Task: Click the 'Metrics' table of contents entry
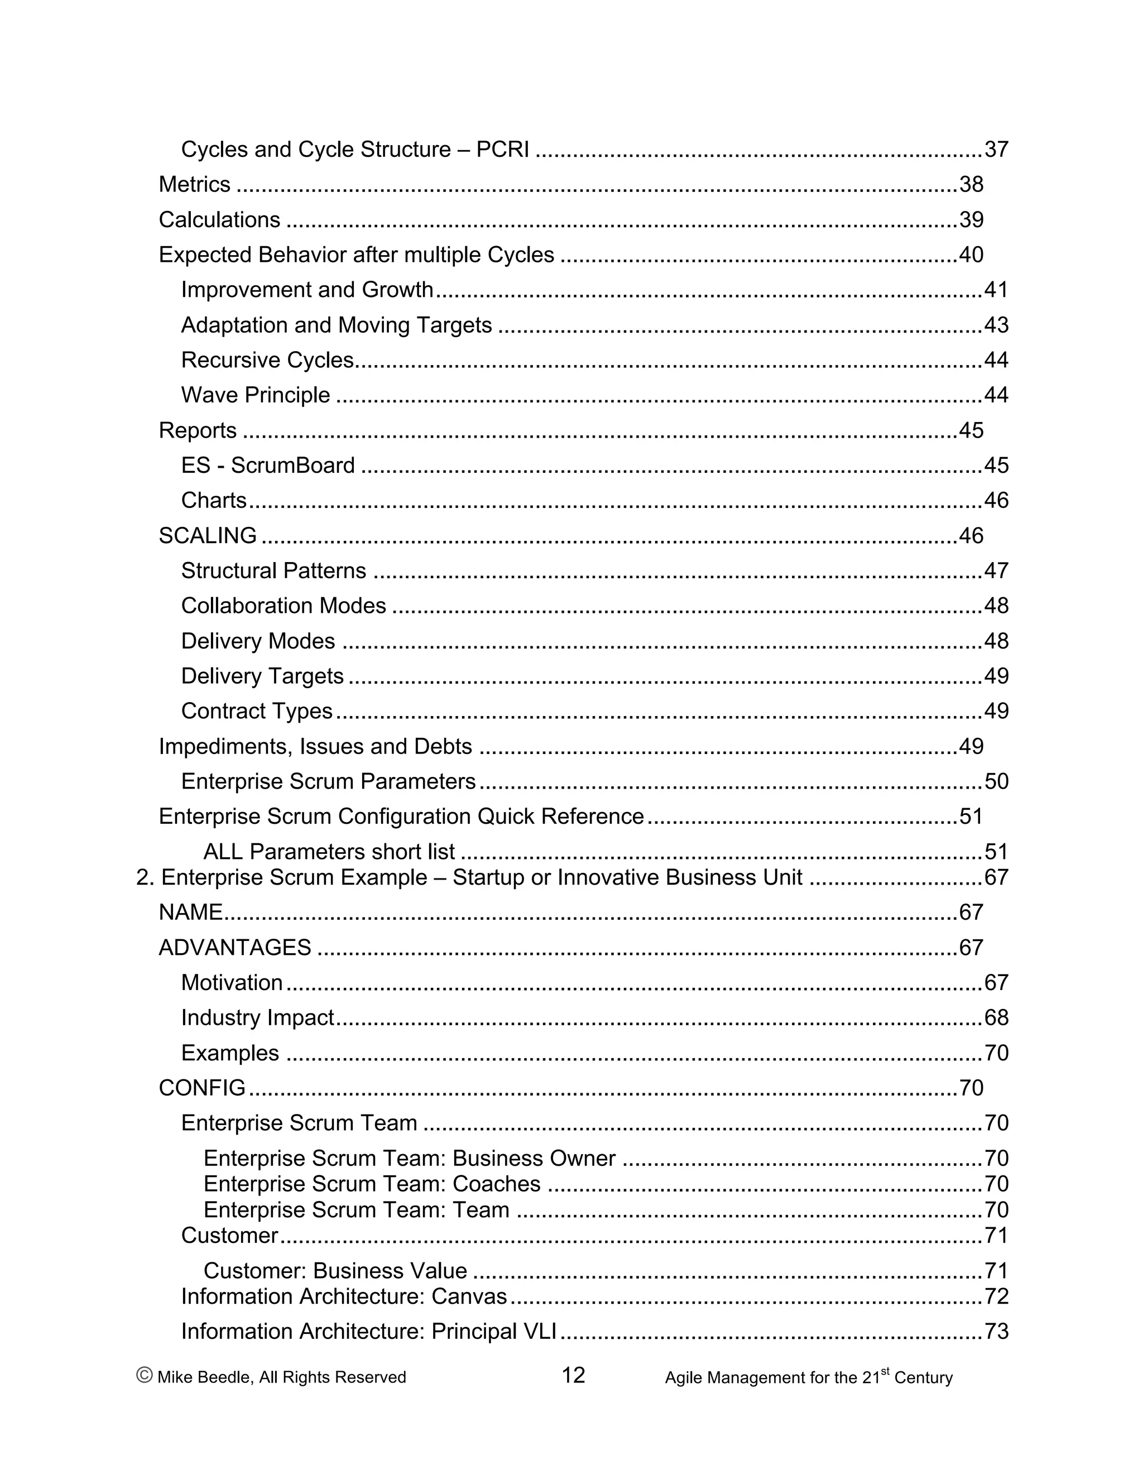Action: tap(194, 184)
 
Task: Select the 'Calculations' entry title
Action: tap(219, 219)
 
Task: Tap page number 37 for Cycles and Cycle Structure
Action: tap(996, 149)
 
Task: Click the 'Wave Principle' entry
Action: tap(255, 395)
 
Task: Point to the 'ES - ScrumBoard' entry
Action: tap(267, 465)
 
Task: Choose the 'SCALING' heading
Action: tap(208, 536)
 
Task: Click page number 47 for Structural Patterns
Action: tap(996, 571)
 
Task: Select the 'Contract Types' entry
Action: tap(257, 711)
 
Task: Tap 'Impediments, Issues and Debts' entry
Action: tap(315, 746)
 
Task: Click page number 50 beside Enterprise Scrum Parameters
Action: tap(996, 781)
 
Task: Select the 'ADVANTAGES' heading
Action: tap(235, 948)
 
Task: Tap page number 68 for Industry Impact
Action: tap(996, 1018)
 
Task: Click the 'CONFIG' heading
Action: tap(202, 1088)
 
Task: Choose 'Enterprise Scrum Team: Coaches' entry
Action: tap(372, 1184)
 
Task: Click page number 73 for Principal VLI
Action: tap(996, 1331)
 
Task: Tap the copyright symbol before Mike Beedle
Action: tap(144, 1375)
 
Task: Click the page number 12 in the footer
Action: tap(573, 1375)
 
